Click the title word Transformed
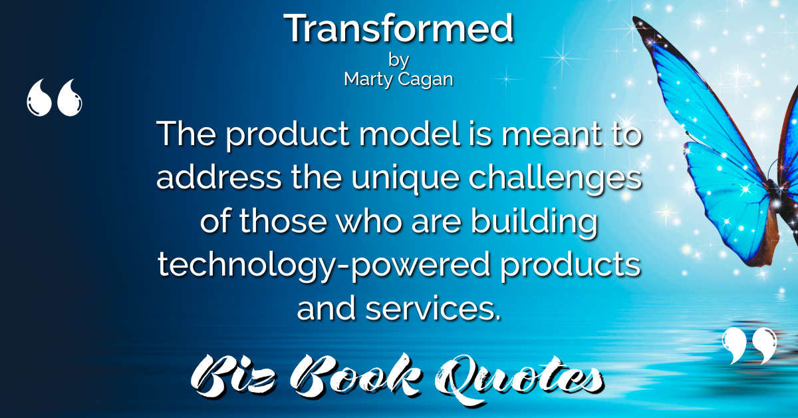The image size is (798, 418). tap(398, 28)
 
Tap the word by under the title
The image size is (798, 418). tap(398, 60)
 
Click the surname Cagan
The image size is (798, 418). tap(426, 79)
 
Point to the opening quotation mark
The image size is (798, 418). tap(54, 97)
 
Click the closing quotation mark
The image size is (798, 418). tap(749, 345)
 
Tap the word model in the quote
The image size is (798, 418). tap(410, 133)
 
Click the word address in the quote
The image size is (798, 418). tap(219, 176)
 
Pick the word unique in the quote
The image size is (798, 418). tap(405, 179)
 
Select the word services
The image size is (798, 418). tap(433, 308)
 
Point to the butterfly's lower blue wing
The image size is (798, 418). tap(730, 200)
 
